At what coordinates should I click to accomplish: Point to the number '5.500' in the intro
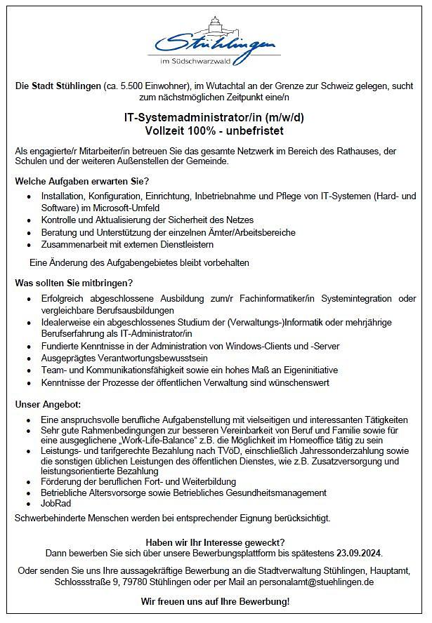(x=132, y=85)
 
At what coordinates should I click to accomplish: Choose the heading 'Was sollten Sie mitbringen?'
(x=74, y=283)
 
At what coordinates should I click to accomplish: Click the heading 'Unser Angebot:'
(x=48, y=405)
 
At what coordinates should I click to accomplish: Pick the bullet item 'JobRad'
(x=57, y=504)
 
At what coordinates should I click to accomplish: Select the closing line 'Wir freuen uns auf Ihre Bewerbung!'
(x=215, y=602)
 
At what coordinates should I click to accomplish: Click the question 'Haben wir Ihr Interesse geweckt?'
(x=215, y=542)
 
